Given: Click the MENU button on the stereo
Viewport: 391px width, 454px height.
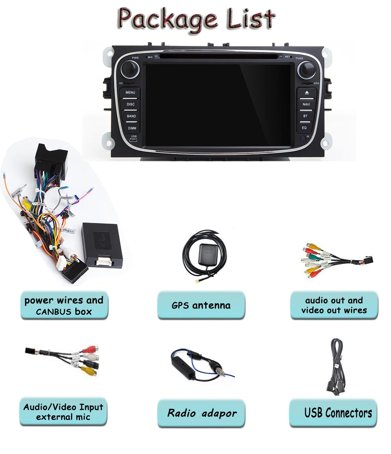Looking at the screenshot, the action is pyautogui.click(x=131, y=93).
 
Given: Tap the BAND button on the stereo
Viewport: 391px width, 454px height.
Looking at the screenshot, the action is pyautogui.click(x=131, y=116).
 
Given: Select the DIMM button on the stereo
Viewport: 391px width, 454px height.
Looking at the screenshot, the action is pyautogui.click(x=131, y=128).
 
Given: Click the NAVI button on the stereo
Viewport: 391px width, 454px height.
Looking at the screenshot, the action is pyautogui.click(x=306, y=104).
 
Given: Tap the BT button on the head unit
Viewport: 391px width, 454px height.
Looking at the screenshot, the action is pyautogui.click(x=306, y=116).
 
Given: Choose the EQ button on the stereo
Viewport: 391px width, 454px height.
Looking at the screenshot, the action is pyautogui.click(x=304, y=128).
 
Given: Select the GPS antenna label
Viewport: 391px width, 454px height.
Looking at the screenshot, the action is pyautogui.click(x=201, y=305).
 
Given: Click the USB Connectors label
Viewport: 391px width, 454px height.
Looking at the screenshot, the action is pyautogui.click(x=338, y=413).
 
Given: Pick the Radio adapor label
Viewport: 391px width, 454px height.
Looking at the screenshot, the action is pyautogui.click(x=202, y=413).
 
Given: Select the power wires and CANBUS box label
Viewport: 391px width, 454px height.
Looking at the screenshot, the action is pyautogui.click(x=64, y=306).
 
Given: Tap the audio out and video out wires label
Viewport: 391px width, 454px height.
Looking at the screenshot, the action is pyautogui.click(x=334, y=305).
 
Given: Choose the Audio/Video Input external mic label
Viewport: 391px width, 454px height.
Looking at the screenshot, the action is pyautogui.click(x=63, y=412).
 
